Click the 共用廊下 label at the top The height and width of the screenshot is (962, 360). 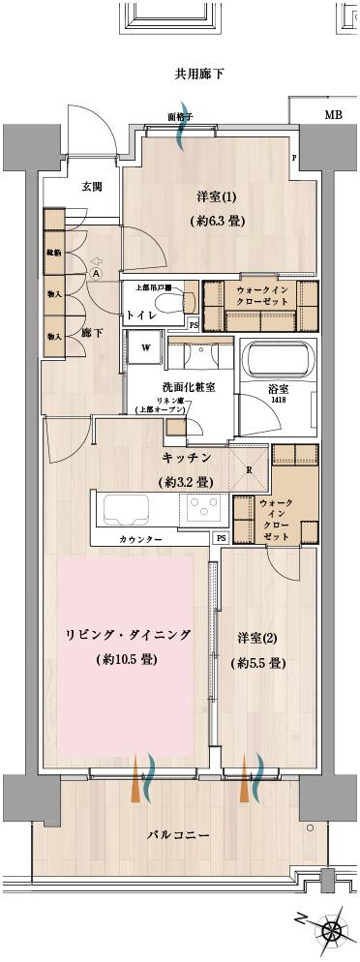coord(199,75)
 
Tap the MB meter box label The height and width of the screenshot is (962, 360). coord(333,115)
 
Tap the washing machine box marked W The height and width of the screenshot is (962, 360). coord(146,346)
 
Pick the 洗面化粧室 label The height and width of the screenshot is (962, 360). coord(188,387)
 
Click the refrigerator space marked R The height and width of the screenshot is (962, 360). coord(250,470)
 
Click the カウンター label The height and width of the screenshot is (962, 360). coord(141,537)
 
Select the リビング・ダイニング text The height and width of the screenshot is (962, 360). coord(127,635)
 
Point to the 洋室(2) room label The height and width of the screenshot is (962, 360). coord(258,638)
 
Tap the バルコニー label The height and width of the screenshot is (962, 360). coord(179,833)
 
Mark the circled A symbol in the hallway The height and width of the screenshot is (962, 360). coord(96,273)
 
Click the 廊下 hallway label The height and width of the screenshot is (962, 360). coord(93,332)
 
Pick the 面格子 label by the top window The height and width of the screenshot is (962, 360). coord(181,117)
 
